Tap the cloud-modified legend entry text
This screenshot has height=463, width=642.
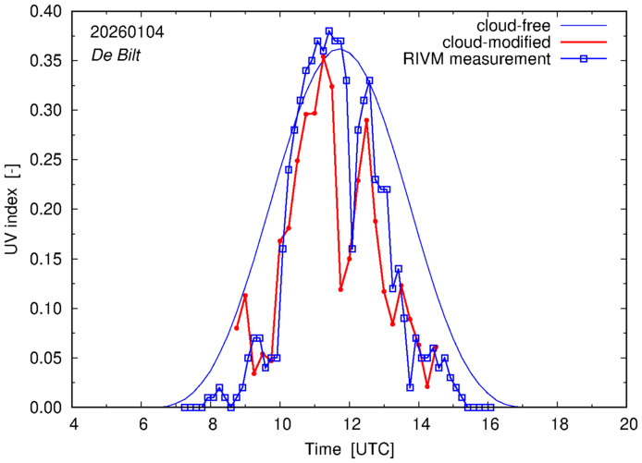(x=498, y=43)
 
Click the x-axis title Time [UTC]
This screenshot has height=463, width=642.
(x=352, y=449)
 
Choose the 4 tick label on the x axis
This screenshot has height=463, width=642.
(x=74, y=424)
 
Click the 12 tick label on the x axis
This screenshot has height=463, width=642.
(x=351, y=424)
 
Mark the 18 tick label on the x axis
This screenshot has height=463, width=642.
(x=559, y=424)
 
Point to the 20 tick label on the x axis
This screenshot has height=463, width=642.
(x=628, y=424)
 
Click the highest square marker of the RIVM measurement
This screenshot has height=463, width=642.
(x=328, y=31)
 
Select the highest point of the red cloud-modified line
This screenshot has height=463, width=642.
(x=323, y=56)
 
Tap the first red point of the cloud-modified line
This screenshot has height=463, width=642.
(x=237, y=328)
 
